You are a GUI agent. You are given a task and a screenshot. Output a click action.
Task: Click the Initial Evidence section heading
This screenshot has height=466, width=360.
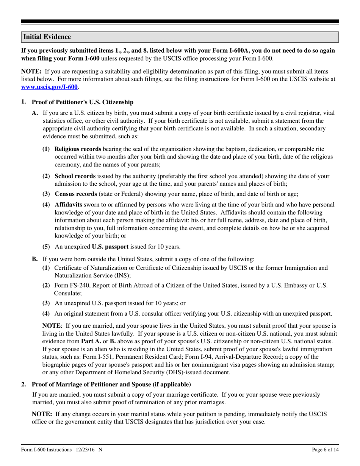[x=47, y=37]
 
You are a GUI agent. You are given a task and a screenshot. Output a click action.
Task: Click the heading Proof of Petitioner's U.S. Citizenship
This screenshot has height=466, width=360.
[x=82, y=102]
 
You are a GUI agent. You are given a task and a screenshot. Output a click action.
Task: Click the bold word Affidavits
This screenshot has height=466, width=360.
[x=69, y=205]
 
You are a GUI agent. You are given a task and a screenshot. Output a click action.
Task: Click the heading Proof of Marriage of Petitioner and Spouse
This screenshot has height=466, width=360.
[x=111, y=385]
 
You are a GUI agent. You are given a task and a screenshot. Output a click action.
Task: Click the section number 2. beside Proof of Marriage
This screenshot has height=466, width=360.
[x=23, y=385]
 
